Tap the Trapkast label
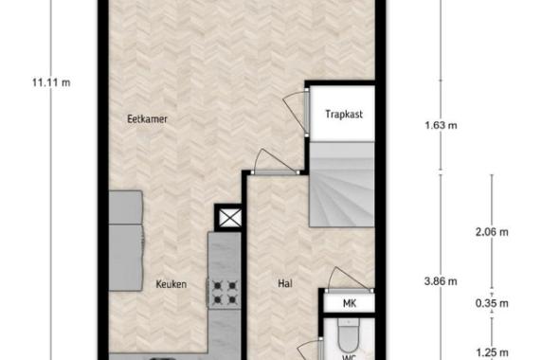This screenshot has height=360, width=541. tap(344, 114)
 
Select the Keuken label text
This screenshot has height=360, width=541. tap(171, 284)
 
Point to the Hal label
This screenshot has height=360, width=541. tap(285, 283)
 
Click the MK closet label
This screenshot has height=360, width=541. tap(350, 304)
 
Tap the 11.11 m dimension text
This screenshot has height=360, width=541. tap(51, 82)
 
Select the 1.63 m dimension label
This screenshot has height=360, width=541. tap(441, 125)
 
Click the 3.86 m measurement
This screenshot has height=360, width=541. tap(441, 281)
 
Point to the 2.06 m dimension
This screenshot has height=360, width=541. tap(492, 232)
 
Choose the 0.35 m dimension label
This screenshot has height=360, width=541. tap(492, 303)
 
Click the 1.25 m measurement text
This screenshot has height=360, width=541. tap(492, 352)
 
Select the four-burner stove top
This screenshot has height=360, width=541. tap(225, 293)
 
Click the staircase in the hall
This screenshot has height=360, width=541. tap(342, 185)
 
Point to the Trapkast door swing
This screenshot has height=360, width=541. tap(296, 110)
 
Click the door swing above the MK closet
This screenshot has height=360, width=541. tap(350, 280)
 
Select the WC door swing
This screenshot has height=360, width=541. tap(310, 350)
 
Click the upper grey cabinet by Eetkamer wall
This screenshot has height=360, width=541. tap(126, 207)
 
